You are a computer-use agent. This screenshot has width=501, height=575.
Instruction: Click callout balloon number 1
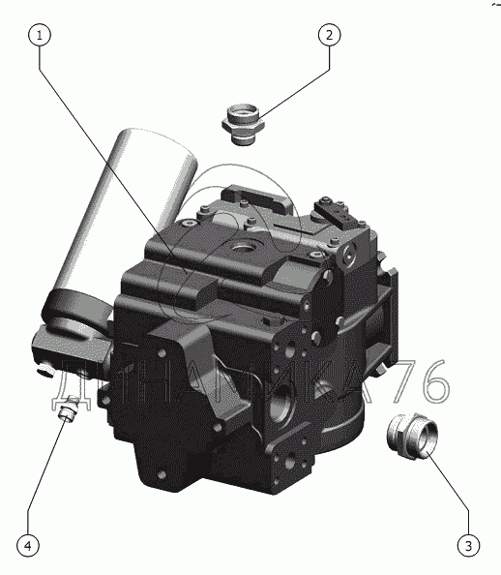[x=40, y=35]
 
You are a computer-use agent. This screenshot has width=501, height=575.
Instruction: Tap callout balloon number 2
[x=329, y=35]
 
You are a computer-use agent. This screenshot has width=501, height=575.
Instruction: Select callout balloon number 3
[x=468, y=545]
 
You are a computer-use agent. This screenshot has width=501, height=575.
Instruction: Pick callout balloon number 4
[x=28, y=545]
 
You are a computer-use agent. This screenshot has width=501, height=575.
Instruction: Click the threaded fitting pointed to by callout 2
[x=243, y=124]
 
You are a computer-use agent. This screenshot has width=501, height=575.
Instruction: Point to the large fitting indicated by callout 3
[x=412, y=436]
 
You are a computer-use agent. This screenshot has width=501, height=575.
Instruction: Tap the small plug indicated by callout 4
[x=68, y=409]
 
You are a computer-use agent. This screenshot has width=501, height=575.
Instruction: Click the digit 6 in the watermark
[x=434, y=381]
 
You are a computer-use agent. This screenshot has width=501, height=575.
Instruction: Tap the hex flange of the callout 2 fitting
[x=243, y=125]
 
